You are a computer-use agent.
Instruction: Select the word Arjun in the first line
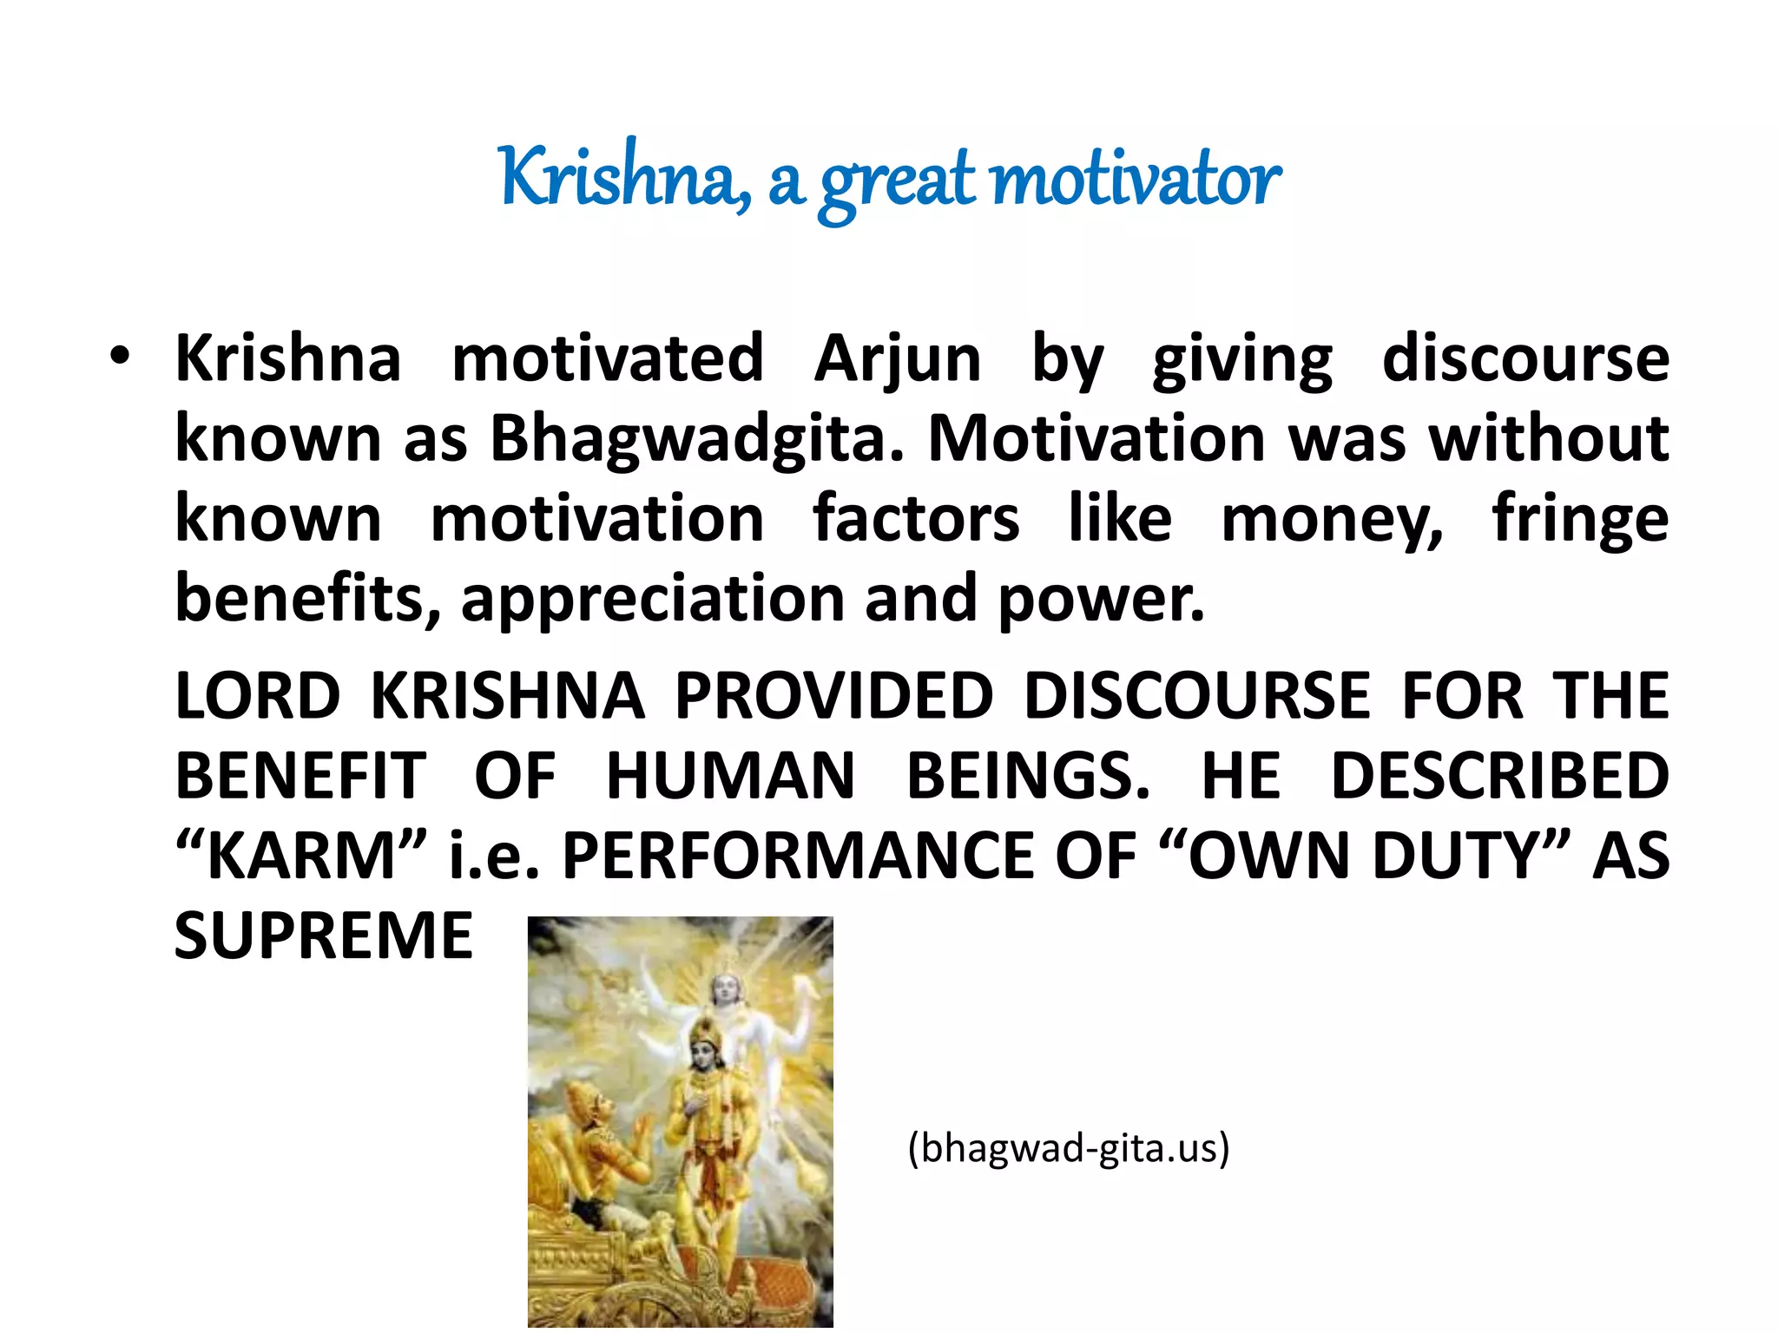(897, 358)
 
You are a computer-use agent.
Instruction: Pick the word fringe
(1580, 519)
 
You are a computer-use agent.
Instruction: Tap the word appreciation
(652, 599)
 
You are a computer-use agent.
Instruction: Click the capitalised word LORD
(258, 696)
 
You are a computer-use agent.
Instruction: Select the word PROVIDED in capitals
(833, 696)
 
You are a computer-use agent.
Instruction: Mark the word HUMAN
(730, 776)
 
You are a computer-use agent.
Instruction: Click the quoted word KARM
(301, 856)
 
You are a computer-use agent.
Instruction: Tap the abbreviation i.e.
(493, 856)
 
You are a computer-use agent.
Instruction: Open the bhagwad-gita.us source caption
(1069, 1148)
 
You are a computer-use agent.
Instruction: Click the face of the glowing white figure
(723, 987)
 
